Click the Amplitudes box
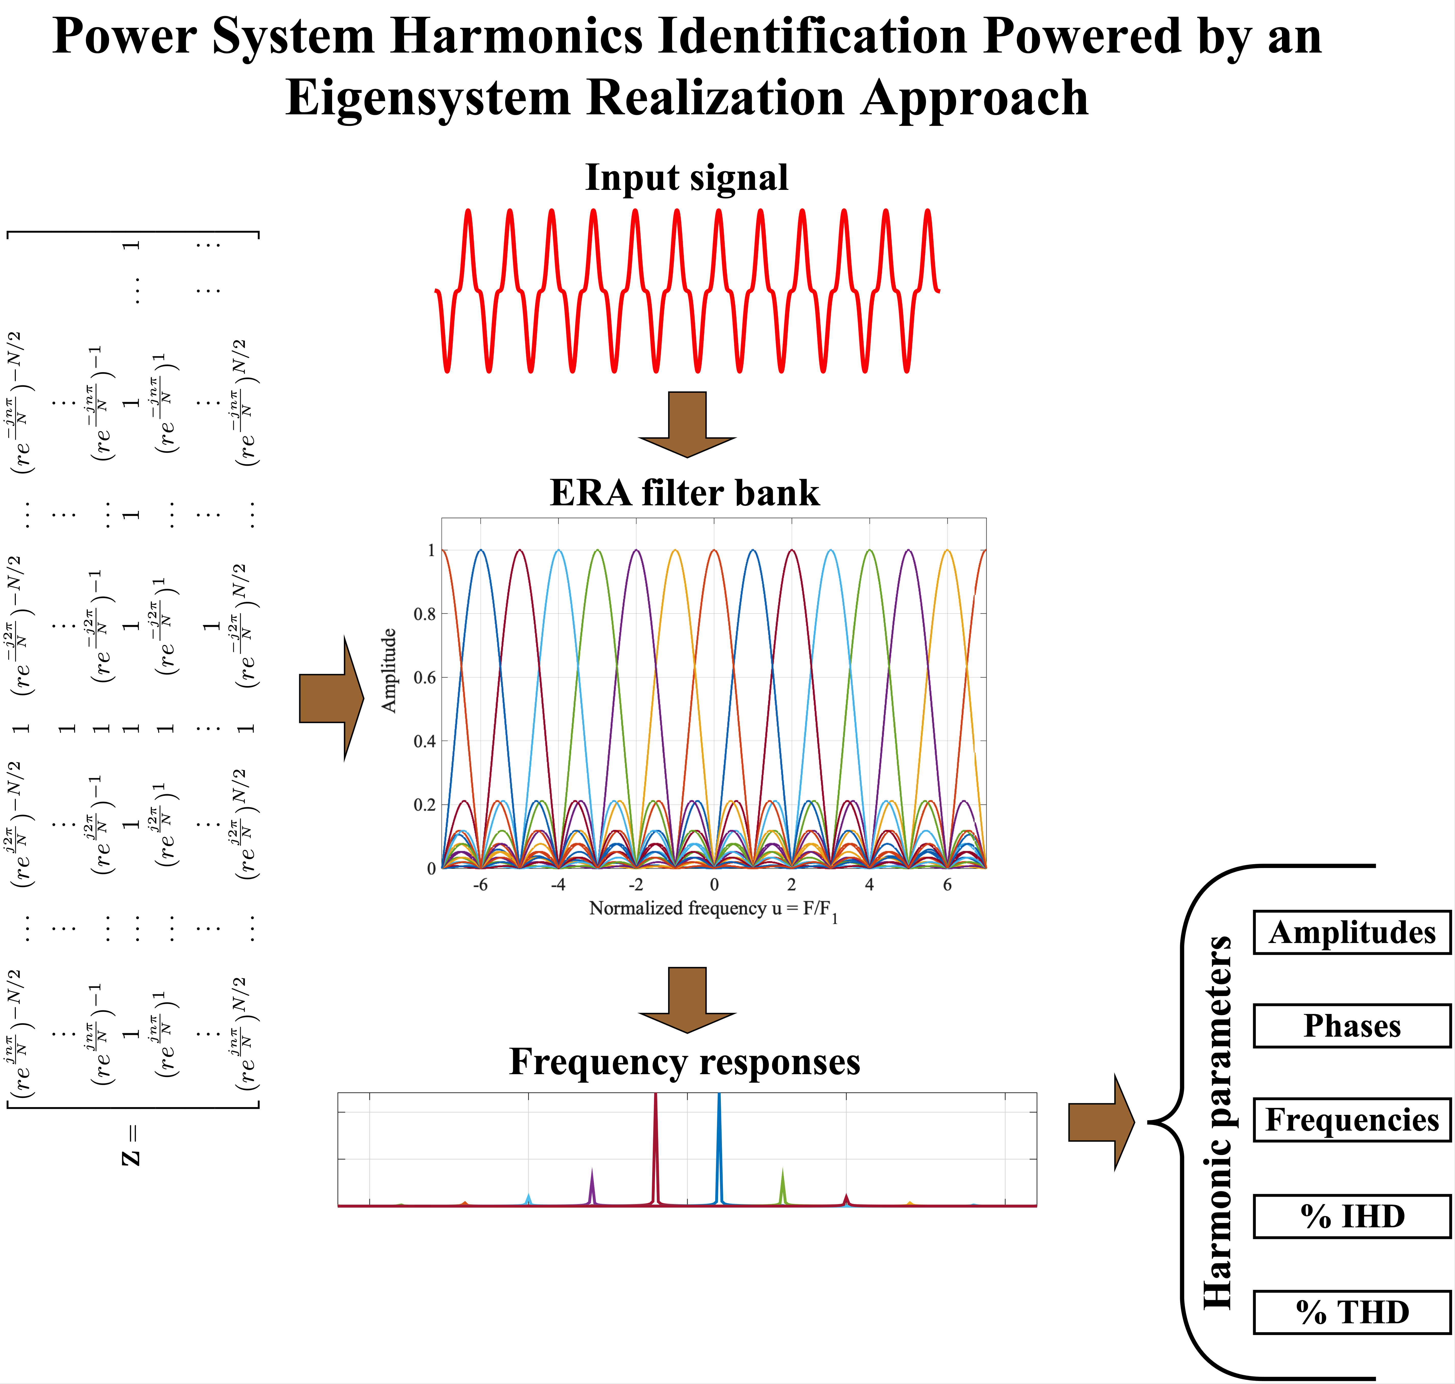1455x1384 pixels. pyautogui.click(x=1352, y=933)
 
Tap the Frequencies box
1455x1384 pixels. pyautogui.click(x=1352, y=1120)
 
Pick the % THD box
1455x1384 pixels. pyautogui.click(x=1352, y=1313)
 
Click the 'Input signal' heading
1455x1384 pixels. pyautogui.click(x=686, y=178)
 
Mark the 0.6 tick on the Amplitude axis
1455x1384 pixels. pyautogui.click(x=424, y=677)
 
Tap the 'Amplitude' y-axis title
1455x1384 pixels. pyautogui.click(x=389, y=670)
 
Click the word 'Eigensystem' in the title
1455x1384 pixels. pyautogui.click(x=428, y=98)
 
